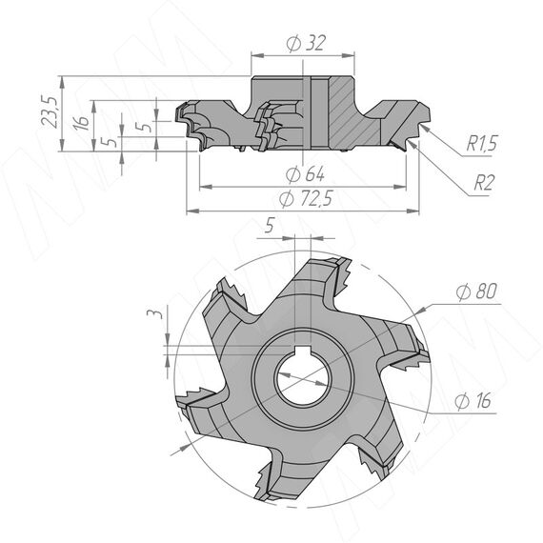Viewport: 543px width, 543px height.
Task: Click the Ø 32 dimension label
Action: pyautogui.click(x=306, y=43)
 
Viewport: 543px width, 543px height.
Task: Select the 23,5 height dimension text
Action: pyautogui.click(x=50, y=111)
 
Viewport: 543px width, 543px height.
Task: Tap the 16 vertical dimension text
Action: pyautogui.click(x=81, y=123)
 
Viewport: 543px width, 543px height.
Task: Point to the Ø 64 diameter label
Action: pyautogui.click(x=305, y=174)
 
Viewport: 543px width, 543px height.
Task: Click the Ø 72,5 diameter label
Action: pyautogui.click(x=306, y=199)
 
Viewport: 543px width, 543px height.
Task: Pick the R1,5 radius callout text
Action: pyautogui.click(x=482, y=143)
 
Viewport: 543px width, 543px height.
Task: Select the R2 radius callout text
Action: pyautogui.click(x=484, y=183)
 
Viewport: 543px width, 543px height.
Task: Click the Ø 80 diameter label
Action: pyautogui.click(x=476, y=292)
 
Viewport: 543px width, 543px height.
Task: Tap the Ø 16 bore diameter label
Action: pyautogui.click(x=473, y=401)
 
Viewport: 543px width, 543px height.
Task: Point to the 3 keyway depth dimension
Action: pyautogui.click(x=154, y=314)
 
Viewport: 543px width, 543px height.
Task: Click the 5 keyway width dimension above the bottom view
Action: pyautogui.click(x=270, y=226)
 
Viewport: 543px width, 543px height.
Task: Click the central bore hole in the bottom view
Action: pyautogui.click(x=302, y=381)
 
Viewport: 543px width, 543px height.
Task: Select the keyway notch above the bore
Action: pyautogui.click(x=302, y=351)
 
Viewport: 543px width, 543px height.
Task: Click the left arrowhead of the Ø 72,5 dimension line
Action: pyautogui.click(x=193, y=211)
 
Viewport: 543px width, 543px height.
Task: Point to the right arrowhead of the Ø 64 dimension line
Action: pyautogui.click(x=400, y=187)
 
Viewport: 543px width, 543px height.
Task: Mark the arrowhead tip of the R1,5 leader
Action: pyautogui.click(x=421, y=125)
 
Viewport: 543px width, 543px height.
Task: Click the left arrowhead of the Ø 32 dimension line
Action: pyautogui.click(x=257, y=55)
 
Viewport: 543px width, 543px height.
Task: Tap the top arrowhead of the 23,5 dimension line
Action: pyautogui.click(x=62, y=83)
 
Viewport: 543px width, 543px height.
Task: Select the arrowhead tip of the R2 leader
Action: pyautogui.click(x=408, y=140)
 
